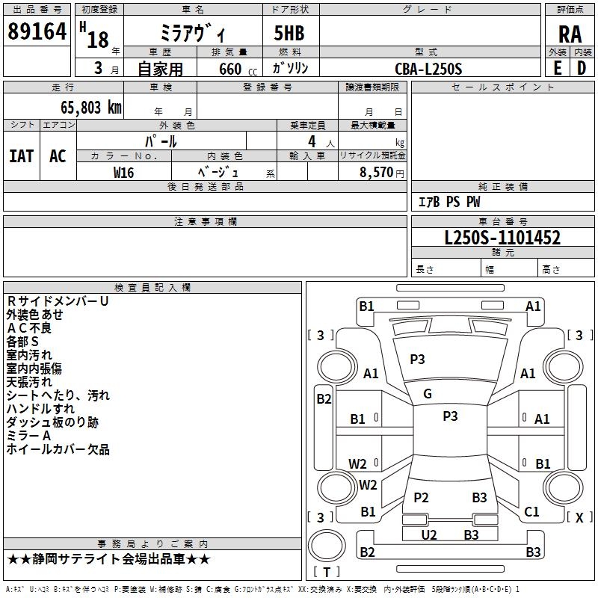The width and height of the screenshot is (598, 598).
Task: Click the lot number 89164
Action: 37,31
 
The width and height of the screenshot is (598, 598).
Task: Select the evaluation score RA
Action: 570,34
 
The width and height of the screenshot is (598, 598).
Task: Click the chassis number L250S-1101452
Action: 502,238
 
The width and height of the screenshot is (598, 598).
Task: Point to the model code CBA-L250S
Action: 428,68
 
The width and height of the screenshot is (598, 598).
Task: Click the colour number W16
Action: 124,172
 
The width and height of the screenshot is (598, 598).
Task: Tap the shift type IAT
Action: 21,155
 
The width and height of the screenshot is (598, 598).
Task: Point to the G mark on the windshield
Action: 428,394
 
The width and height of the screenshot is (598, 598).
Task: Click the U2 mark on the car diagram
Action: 428,534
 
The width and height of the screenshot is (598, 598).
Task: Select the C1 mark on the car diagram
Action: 531,512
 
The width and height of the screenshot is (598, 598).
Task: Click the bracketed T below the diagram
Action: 327,572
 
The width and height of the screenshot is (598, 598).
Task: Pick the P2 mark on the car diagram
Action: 421,498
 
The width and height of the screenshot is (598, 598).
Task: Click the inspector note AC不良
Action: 29,328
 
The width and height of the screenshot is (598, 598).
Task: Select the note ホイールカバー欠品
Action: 58,449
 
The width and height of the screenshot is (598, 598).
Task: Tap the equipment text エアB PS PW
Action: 449,202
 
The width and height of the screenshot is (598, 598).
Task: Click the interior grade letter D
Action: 582,67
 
